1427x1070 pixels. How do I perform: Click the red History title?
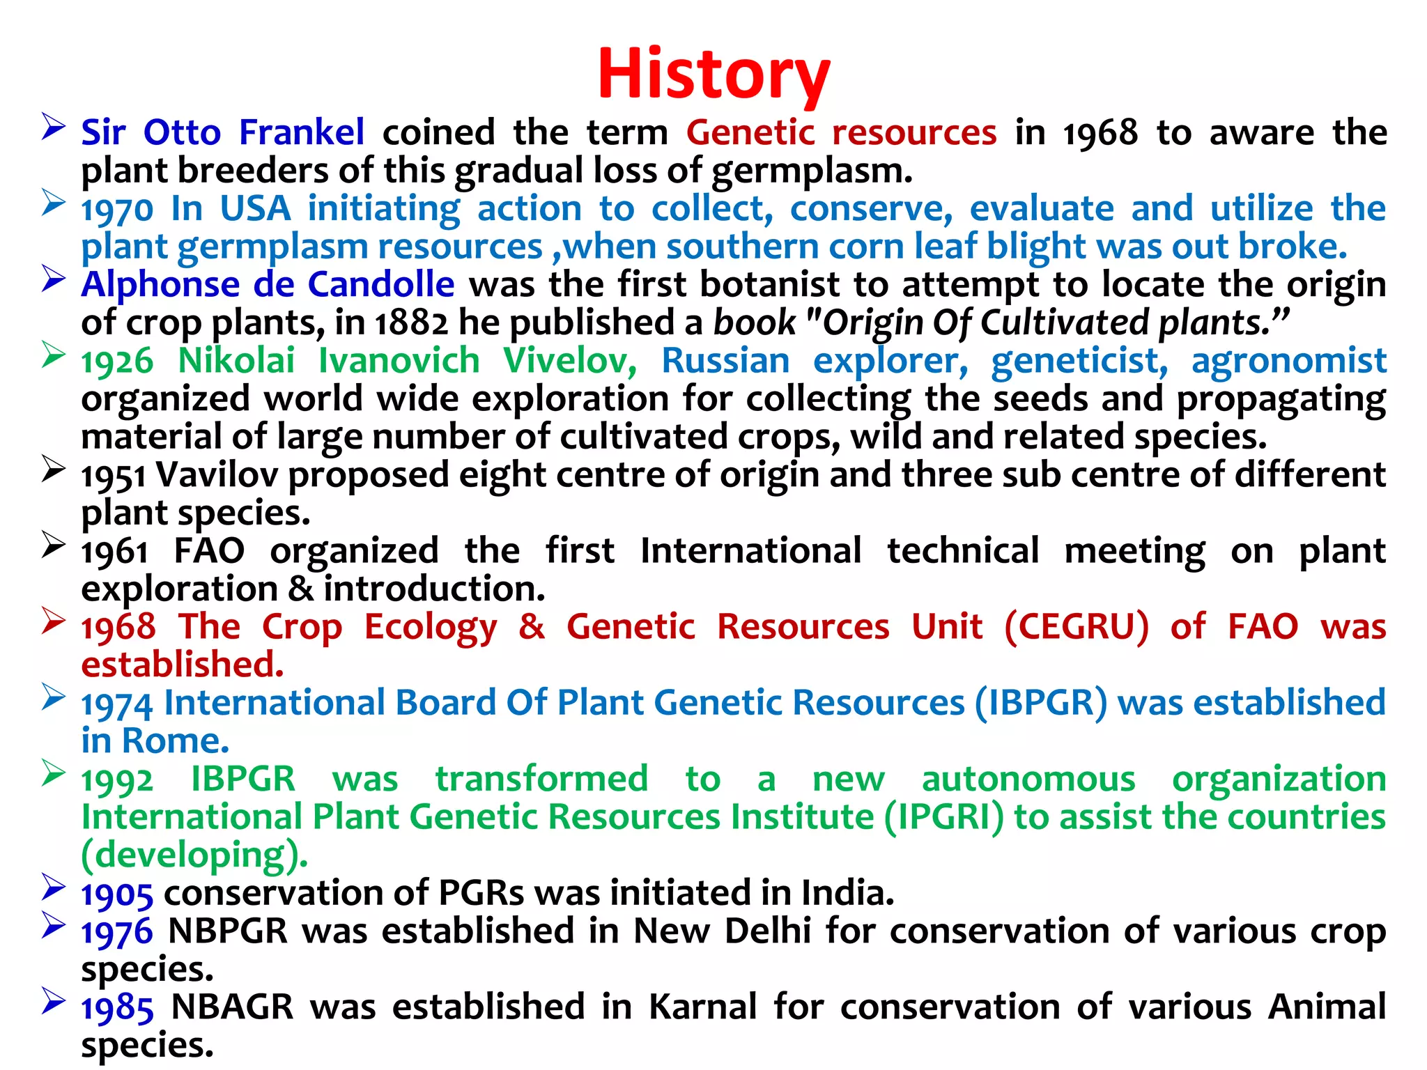[x=713, y=74]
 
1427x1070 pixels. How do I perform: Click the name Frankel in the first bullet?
[x=301, y=132]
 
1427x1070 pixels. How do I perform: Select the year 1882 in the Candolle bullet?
[x=411, y=323]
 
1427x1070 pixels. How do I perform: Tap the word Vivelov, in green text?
[x=569, y=361]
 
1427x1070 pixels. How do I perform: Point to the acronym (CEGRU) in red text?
[x=1077, y=626]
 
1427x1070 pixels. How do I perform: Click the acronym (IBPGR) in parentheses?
[x=1040, y=703]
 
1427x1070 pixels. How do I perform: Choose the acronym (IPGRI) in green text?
[x=944, y=817]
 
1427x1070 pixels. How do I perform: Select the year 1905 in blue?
[x=116, y=894]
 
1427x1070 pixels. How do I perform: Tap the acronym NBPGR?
[x=228, y=931]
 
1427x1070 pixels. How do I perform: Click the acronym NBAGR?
[x=232, y=1007]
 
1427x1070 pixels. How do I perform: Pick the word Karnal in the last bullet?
[x=702, y=1007]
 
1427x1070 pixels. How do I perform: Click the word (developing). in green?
[x=194, y=855]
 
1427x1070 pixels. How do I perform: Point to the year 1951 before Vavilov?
[x=114, y=476]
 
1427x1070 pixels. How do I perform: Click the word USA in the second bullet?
[x=255, y=209]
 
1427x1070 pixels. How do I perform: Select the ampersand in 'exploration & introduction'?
[x=300, y=589]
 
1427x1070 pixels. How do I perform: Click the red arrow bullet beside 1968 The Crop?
[x=54, y=620]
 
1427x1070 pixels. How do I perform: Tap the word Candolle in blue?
[x=380, y=284]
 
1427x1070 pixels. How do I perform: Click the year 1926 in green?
[x=116, y=362]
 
